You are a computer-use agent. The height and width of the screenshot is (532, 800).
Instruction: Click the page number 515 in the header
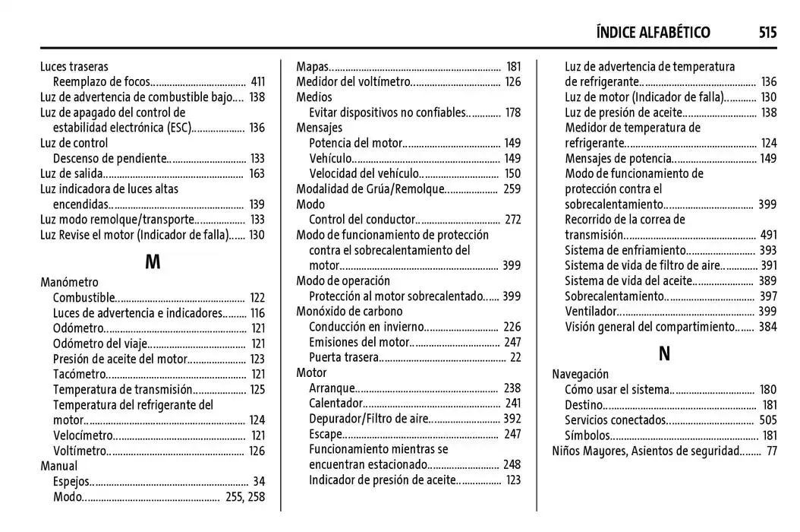pyautogui.click(x=767, y=32)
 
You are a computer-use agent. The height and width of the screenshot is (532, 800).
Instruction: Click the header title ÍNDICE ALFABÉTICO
pyautogui.click(x=653, y=32)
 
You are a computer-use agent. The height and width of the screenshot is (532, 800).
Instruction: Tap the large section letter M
pyautogui.click(x=153, y=262)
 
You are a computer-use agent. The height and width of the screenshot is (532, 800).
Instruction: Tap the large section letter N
pyautogui.click(x=664, y=353)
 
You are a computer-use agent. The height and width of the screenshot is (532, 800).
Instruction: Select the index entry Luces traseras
pyautogui.click(x=74, y=67)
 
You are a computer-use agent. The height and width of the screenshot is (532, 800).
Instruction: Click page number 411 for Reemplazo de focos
pyautogui.click(x=257, y=82)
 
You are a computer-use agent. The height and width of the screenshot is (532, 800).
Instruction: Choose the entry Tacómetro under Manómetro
pyautogui.click(x=80, y=374)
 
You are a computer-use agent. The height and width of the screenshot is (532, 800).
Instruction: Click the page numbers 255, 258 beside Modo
pyautogui.click(x=245, y=496)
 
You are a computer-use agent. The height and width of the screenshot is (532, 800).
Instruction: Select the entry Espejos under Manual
pyautogui.click(x=72, y=481)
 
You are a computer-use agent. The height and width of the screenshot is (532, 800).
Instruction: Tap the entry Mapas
pyautogui.click(x=313, y=67)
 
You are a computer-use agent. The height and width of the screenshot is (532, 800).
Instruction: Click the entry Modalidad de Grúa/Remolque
pyautogui.click(x=370, y=189)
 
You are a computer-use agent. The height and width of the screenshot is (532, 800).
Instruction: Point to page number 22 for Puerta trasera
pyautogui.click(x=515, y=357)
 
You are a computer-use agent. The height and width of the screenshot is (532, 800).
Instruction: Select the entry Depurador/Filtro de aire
pyautogui.click(x=368, y=419)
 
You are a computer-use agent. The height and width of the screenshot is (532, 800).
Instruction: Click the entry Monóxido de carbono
pyautogui.click(x=349, y=312)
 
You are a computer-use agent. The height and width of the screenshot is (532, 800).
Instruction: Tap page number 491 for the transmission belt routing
pyautogui.click(x=768, y=235)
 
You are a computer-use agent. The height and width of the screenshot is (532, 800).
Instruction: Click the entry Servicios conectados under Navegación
pyautogui.click(x=615, y=420)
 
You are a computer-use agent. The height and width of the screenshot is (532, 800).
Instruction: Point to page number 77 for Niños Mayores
pyautogui.click(x=771, y=451)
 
